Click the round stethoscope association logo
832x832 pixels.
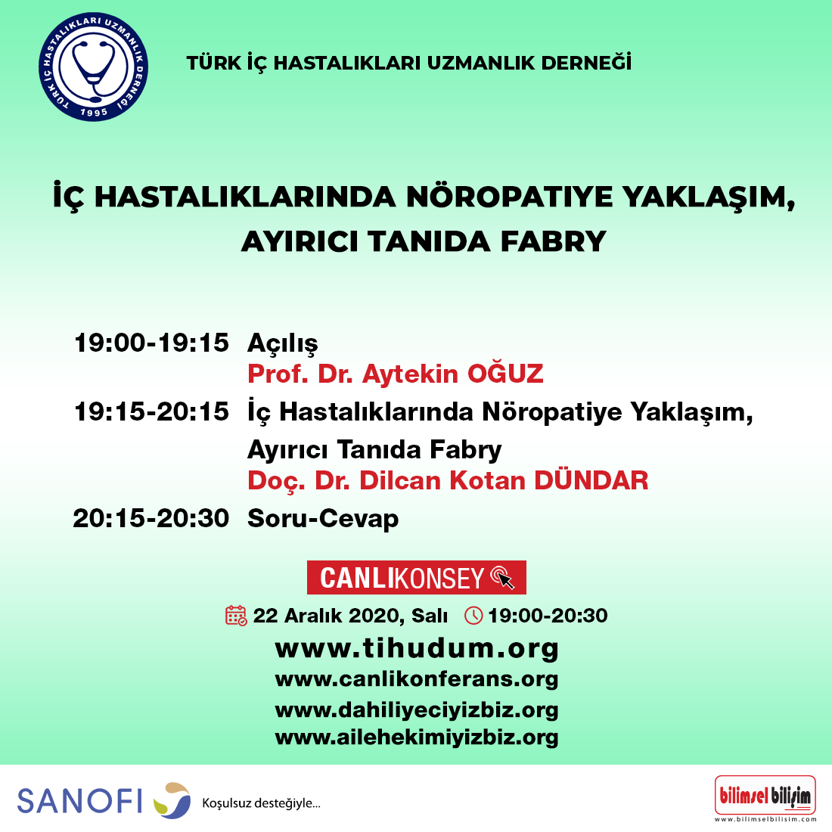tap(93, 67)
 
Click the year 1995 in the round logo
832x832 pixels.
tap(93, 112)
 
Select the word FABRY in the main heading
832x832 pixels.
tap(554, 241)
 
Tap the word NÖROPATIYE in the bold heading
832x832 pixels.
tap(509, 197)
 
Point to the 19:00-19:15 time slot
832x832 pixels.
tap(152, 343)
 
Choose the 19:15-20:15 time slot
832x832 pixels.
tap(152, 411)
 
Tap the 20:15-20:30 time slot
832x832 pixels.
tap(151, 518)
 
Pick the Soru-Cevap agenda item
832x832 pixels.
tap(323, 518)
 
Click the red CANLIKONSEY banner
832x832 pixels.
tap(417, 577)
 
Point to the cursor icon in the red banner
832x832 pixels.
tap(502, 577)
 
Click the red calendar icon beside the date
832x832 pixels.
tap(236, 616)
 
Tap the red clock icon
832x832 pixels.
tap(473, 616)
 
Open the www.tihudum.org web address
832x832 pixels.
tap(417, 648)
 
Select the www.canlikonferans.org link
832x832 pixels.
tap(417, 679)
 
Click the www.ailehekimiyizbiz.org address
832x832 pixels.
tap(417, 737)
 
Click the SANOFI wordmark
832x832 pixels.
tap(79, 801)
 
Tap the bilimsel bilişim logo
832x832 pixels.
tap(765, 795)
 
